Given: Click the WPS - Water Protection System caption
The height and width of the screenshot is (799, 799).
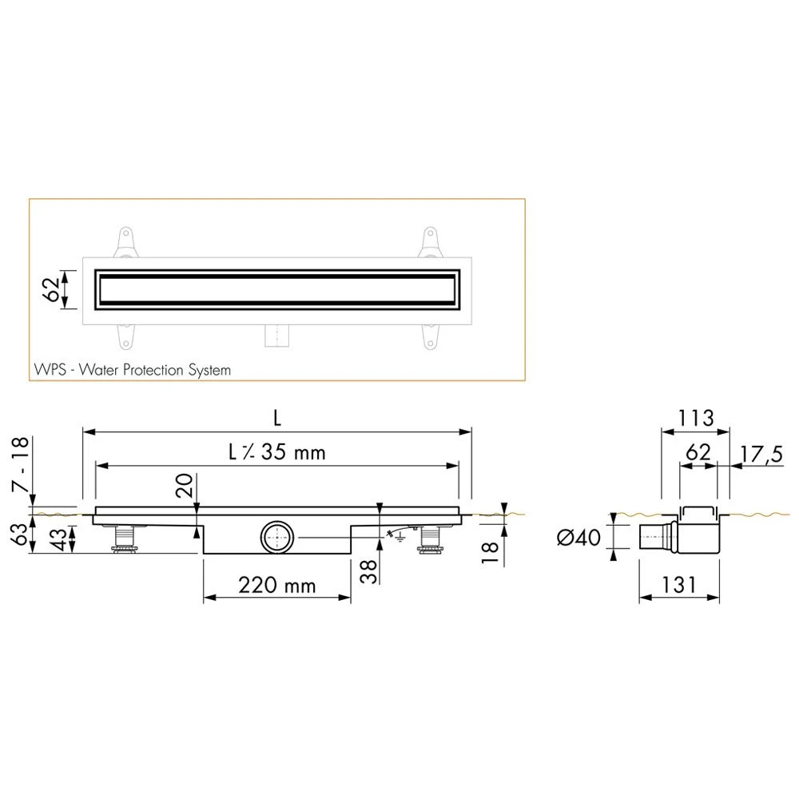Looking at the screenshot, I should click(133, 370).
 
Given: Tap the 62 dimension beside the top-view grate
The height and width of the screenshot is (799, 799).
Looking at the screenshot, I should click(49, 289).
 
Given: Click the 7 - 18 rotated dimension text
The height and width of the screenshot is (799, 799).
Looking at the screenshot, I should click(21, 465).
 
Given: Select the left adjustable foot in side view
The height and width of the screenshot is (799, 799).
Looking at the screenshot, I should click(123, 539).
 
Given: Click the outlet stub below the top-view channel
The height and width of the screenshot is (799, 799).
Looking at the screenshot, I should click(276, 335).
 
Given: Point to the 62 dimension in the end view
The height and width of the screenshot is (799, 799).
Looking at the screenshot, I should click(698, 451).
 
